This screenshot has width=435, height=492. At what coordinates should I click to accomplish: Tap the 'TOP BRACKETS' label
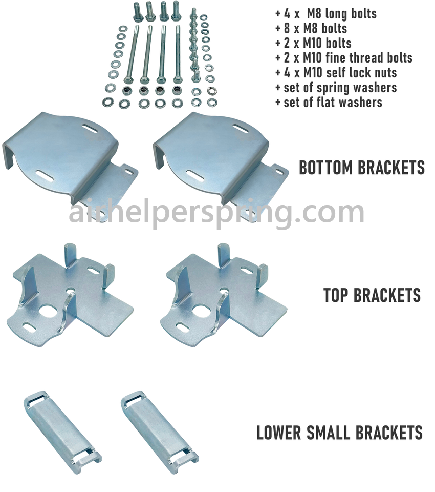tap(372, 295)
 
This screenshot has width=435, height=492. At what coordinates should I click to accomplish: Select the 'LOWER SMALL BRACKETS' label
tap(339, 433)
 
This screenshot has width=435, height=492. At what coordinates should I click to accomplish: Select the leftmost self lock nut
tap(127, 91)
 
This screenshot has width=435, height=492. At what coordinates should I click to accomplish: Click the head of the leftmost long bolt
tap(128, 79)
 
